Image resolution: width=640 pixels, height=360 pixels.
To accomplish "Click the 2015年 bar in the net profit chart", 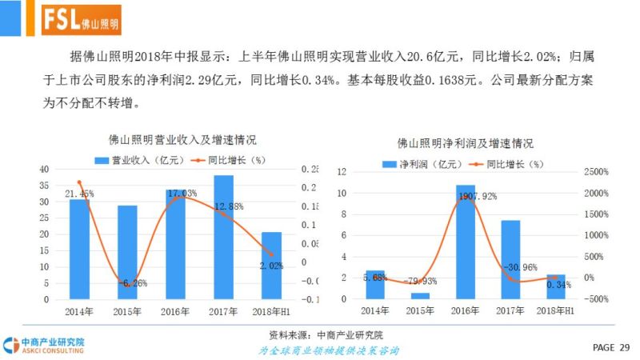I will click(x=420, y=295).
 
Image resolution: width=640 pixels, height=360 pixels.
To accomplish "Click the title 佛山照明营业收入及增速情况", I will click(x=172, y=140).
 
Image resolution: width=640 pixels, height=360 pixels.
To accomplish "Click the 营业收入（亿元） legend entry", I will click(x=140, y=159).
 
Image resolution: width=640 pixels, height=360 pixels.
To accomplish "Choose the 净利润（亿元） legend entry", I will click(x=422, y=163).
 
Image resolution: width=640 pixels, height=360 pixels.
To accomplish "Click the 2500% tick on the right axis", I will click(x=596, y=172).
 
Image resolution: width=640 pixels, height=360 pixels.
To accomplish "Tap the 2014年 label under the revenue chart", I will click(x=79, y=310).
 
